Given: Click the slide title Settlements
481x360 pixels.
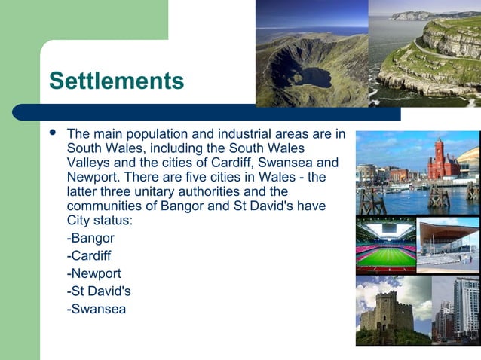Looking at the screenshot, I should tap(116, 81).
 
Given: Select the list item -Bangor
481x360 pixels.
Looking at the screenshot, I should tap(90, 239).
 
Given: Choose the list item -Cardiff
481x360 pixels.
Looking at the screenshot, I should tap(89, 256).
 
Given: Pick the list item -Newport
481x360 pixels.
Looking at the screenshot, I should tap(93, 273).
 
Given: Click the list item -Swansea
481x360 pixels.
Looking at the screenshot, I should tap(97, 308).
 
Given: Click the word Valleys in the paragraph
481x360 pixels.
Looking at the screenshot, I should tap(88, 163).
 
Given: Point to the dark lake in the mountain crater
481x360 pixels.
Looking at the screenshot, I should tap(311, 76).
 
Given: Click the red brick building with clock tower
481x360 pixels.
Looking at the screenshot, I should tap(442, 161).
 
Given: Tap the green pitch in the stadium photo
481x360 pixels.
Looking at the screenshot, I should tap(385, 257).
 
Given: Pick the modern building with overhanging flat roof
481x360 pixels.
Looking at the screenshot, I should tap(448, 245).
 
